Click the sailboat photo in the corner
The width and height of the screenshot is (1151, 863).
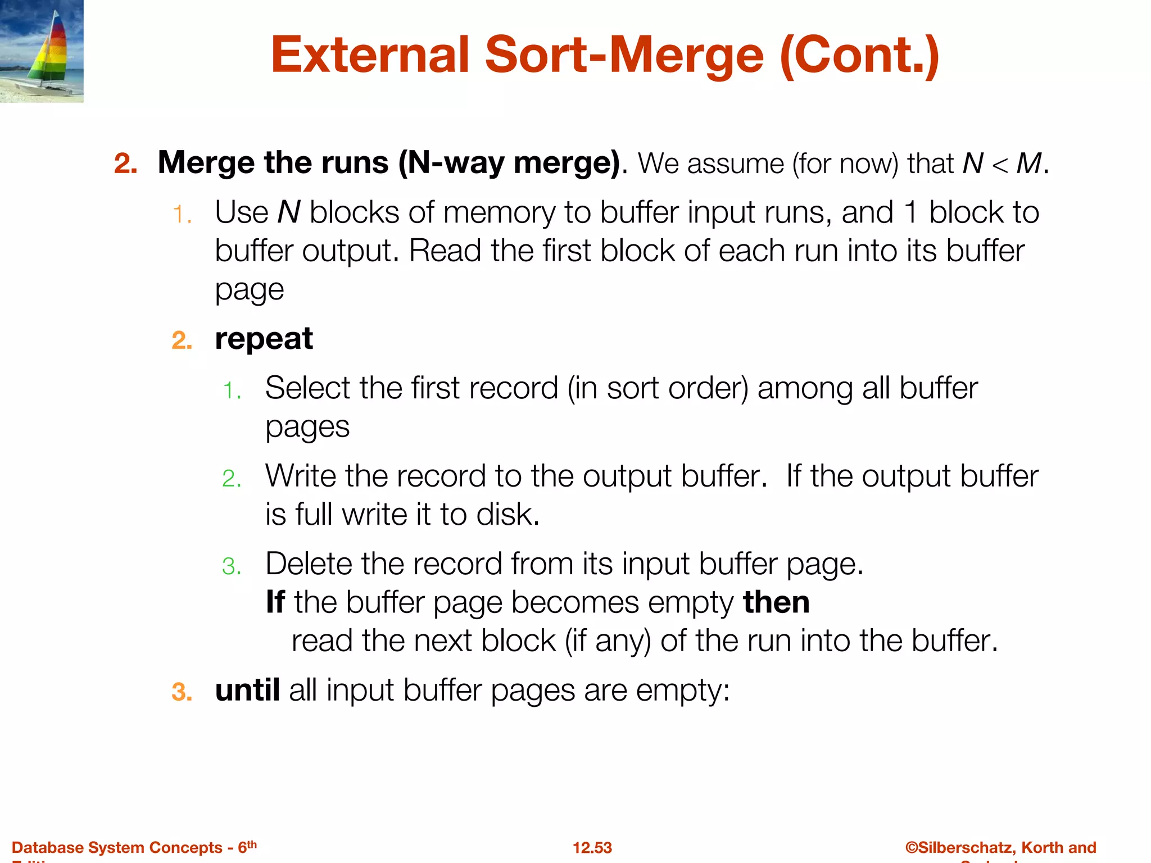coord(42,51)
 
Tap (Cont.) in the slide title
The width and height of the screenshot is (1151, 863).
coord(860,56)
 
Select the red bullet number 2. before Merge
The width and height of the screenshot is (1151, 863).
coord(126,164)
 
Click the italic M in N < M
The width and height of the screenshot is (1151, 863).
coord(1029,164)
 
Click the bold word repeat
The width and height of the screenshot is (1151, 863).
coord(264,339)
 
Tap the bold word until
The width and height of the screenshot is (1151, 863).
coord(247,691)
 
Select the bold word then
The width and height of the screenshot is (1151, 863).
coord(776,602)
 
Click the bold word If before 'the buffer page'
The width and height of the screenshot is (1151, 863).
coord(275,602)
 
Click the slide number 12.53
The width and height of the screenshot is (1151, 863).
coord(592,848)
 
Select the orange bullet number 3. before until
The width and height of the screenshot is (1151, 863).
coord(182,692)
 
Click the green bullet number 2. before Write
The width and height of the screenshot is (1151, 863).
coord(232,479)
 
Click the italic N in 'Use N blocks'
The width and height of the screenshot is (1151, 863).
coord(289,213)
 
